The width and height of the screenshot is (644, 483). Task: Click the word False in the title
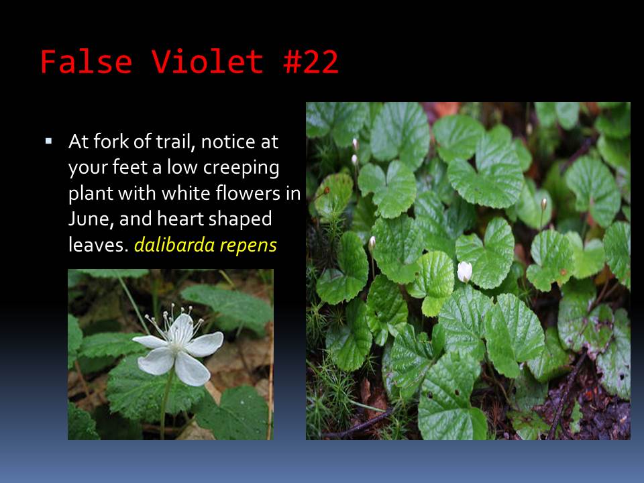(87, 62)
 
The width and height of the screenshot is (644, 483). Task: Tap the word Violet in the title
(207, 62)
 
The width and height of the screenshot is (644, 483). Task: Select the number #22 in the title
(311, 62)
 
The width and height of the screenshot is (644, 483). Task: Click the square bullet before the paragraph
(49, 142)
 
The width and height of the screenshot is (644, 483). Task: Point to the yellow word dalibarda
(174, 245)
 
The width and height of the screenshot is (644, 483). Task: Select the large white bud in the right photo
(464, 272)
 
